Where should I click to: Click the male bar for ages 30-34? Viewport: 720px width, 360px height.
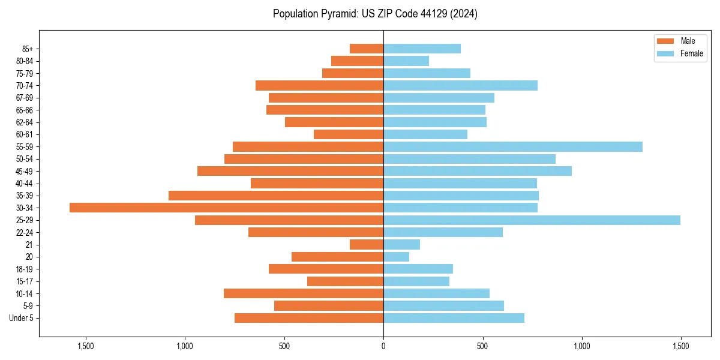coord(226,208)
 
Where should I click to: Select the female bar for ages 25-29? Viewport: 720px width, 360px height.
coord(532,220)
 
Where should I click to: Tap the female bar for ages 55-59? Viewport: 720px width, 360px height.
coord(513,146)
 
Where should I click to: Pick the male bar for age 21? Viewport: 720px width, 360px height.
coord(367,245)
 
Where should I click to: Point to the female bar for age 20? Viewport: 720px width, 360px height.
coord(396,257)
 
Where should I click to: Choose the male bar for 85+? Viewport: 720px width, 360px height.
coord(367,49)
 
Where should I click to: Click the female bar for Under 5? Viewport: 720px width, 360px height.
coord(454,318)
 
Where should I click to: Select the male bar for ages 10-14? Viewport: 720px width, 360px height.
coord(304,293)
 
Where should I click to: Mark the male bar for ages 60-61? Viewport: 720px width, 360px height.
coord(349,134)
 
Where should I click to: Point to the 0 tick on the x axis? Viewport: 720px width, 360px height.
coord(383,346)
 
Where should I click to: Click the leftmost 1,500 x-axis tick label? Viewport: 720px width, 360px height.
coord(86,346)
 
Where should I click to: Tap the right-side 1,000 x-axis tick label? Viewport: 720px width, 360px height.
coord(581,346)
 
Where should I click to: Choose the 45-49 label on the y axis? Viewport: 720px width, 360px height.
coord(24,171)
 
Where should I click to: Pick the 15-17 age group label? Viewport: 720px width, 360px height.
coord(24,281)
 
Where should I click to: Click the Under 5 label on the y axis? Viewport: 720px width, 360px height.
coord(22,318)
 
